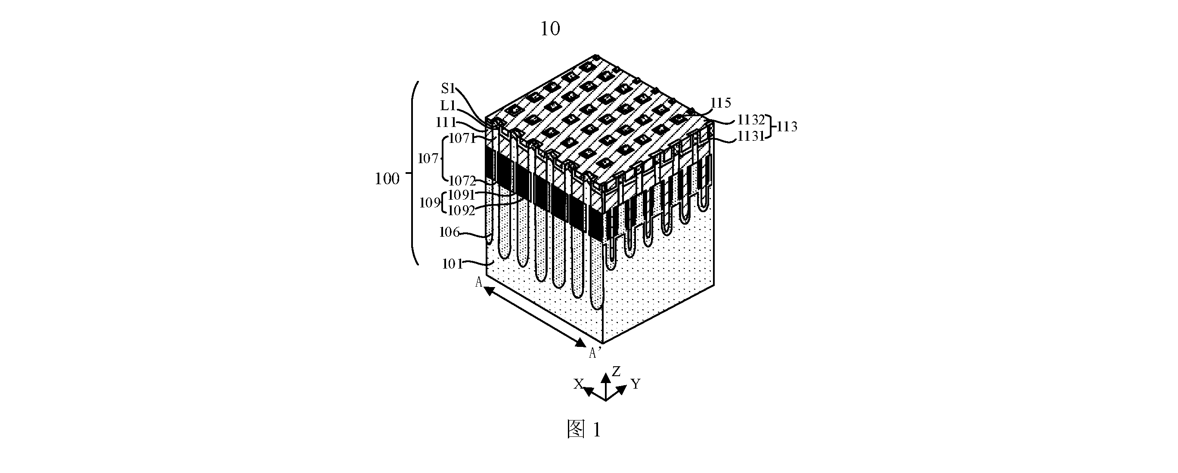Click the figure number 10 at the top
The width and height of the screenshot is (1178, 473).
[550, 29]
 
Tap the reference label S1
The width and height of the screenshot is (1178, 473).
[448, 88]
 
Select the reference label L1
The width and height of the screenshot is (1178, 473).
[448, 105]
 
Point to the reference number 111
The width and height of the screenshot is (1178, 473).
[446, 122]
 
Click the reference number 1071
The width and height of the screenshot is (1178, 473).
[463, 138]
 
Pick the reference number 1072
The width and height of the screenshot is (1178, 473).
[462, 180]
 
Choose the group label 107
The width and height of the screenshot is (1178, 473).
[428, 158]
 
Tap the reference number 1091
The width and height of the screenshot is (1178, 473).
[462, 195]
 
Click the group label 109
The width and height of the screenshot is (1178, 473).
[430, 202]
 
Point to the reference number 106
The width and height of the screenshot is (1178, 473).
[449, 232]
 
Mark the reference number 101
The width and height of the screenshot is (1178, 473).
[452, 264]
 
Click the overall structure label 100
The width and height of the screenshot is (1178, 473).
[387, 179]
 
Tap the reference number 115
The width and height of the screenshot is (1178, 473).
[721, 103]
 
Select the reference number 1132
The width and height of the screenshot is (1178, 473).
[751, 120]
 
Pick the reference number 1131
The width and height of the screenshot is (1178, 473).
[751, 136]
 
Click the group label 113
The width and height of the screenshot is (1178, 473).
[787, 127]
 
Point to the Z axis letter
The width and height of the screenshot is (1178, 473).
[617, 371]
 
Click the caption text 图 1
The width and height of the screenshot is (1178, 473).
[583, 430]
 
